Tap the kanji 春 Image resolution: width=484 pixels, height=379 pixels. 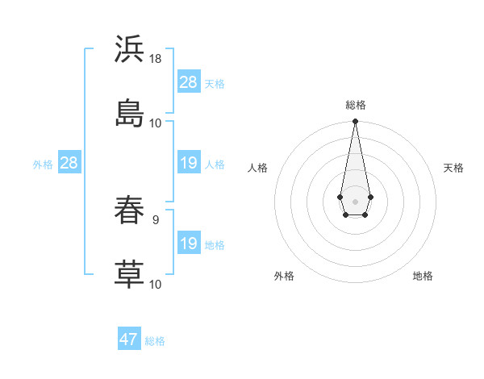pos(129,210)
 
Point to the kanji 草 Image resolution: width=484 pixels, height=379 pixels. pos(129,273)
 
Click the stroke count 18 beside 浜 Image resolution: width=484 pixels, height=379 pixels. pos(156,60)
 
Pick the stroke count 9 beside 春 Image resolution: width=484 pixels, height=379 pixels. pos(155,218)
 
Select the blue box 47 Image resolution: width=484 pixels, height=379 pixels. pos(129,339)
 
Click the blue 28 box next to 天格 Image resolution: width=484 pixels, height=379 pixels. pos(189,82)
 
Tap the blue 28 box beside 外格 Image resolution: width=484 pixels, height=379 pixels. pos(69,163)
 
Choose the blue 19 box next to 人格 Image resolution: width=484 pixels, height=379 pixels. pos(189,163)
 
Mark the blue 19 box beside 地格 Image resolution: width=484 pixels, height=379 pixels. pos(189,244)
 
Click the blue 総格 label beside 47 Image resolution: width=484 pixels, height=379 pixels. pos(155,341)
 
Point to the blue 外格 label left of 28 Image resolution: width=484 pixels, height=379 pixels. pos(43,164)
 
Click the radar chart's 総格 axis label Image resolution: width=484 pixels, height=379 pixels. pos(355,105)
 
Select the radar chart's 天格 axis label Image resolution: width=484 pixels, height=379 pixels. pos(453,168)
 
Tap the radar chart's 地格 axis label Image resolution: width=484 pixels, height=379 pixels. pos(423,276)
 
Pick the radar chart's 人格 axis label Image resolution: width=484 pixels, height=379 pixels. pos(257,168)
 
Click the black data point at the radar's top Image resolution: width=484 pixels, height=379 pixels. pos(355,122)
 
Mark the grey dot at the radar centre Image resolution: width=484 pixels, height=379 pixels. pos(355,200)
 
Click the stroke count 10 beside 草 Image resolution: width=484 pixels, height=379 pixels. pos(156,284)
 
